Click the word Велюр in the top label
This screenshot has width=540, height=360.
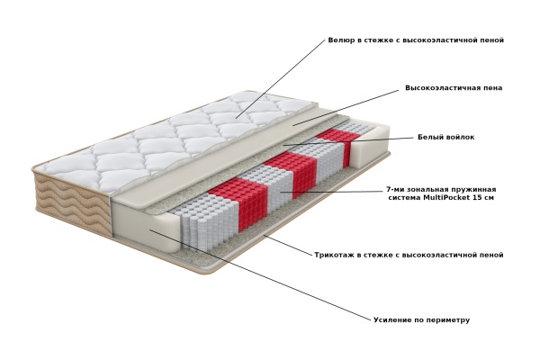point(341,40)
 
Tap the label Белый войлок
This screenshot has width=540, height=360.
point(446,137)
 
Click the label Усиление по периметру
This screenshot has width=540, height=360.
point(421,320)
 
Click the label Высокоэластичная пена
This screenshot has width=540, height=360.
point(454,88)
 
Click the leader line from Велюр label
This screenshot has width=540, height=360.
point(280,79)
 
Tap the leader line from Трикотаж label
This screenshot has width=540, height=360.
point(288,246)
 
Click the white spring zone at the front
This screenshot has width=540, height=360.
point(203,220)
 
